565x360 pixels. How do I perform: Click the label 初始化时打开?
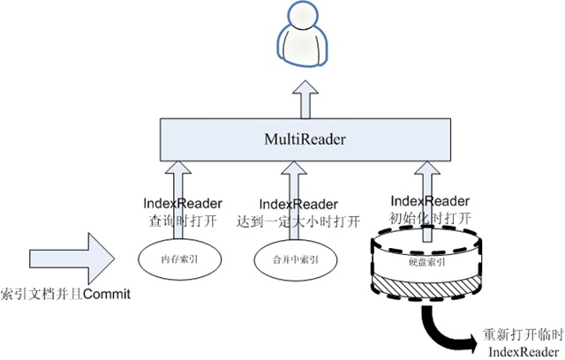click(x=428, y=215)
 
